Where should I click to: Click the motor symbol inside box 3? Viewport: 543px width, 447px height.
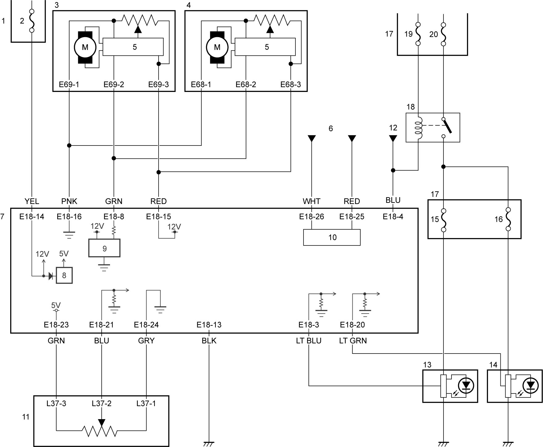pos(85,47)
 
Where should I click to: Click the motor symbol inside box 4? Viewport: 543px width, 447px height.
pos(217,47)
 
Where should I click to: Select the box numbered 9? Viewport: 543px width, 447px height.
pos(104,248)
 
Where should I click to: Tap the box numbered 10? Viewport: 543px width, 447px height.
pos(332,237)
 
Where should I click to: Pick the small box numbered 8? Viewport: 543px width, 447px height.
pos(64,275)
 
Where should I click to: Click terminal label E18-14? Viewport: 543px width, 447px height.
pos(32,217)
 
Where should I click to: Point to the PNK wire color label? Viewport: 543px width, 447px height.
pos(69,202)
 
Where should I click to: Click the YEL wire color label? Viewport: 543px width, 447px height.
pos(32,202)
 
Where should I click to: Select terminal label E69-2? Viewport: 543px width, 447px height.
pos(114,85)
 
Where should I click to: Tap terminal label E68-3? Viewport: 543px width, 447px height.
pos(291,85)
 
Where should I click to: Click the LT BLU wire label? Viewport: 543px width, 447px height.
pos(309,341)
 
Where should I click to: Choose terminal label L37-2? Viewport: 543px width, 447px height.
pos(102,404)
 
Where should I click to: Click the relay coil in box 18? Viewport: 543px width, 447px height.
pos(418,128)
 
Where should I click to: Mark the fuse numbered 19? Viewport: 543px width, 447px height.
pos(418,34)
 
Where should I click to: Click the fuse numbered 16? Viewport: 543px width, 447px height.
pos(508,219)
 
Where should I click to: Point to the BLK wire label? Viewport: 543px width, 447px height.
pos(209,341)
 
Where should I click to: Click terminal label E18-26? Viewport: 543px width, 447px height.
pos(312,217)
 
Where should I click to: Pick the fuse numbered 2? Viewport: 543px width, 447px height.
pos(32,21)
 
